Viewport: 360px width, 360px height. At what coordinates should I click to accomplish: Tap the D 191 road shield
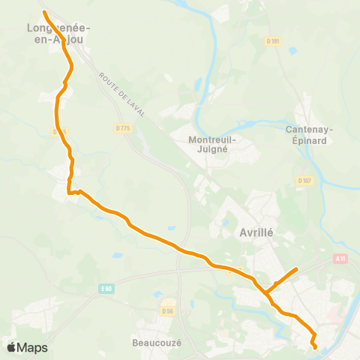274,41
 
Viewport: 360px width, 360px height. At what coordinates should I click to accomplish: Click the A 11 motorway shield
341,259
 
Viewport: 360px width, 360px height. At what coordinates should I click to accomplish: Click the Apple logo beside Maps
11,347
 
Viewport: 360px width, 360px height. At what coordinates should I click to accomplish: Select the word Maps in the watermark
33,347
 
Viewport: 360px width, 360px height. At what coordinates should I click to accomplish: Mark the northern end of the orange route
43,13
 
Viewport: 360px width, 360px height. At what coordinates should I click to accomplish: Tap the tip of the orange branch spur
298,269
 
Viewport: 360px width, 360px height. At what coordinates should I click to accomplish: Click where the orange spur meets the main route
265,292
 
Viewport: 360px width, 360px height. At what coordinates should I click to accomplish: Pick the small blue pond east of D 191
292,51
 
